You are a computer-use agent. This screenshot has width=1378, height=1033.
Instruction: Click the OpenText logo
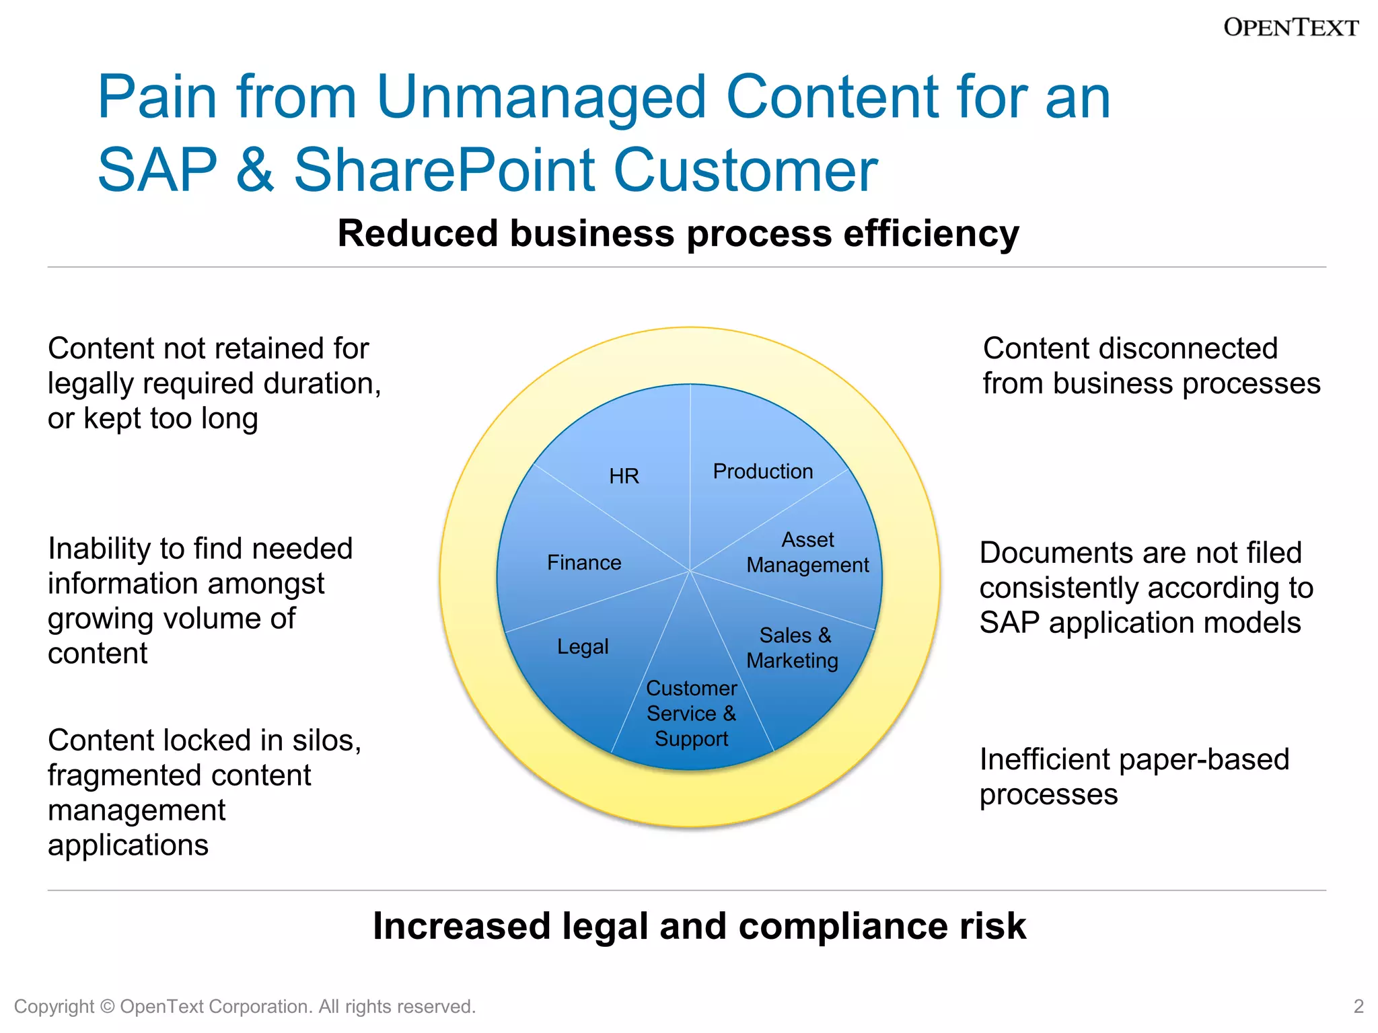pyautogui.click(x=1291, y=28)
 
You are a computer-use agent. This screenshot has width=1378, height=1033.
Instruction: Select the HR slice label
pyautogui.click(x=624, y=476)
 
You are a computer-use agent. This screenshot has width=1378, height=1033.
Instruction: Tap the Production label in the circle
pyautogui.click(x=762, y=471)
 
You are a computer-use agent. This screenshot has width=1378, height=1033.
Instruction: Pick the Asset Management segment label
pyautogui.click(x=807, y=552)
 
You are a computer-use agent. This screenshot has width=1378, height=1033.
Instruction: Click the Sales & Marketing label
pyautogui.click(x=793, y=648)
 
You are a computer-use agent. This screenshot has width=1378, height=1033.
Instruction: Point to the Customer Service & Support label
pyautogui.click(x=691, y=714)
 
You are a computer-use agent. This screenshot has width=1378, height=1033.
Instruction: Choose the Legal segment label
pyautogui.click(x=583, y=646)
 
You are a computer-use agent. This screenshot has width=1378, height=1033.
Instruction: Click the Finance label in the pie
pyautogui.click(x=584, y=562)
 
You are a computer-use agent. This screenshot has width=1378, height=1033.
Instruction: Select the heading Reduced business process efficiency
pyautogui.click(x=678, y=234)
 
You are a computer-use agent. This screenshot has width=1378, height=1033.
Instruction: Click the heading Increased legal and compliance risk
pyautogui.click(x=699, y=926)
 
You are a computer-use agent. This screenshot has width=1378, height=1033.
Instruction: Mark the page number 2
pyautogui.click(x=1358, y=1006)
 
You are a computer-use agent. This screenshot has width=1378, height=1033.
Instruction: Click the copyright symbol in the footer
pyautogui.click(x=107, y=1007)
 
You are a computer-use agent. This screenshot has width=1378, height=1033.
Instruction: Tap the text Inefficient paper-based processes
pyautogui.click(x=1134, y=777)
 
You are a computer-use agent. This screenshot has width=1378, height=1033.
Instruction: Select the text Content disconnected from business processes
pyautogui.click(x=1151, y=366)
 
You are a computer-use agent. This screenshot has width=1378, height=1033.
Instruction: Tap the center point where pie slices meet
pyautogui.click(x=690, y=571)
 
